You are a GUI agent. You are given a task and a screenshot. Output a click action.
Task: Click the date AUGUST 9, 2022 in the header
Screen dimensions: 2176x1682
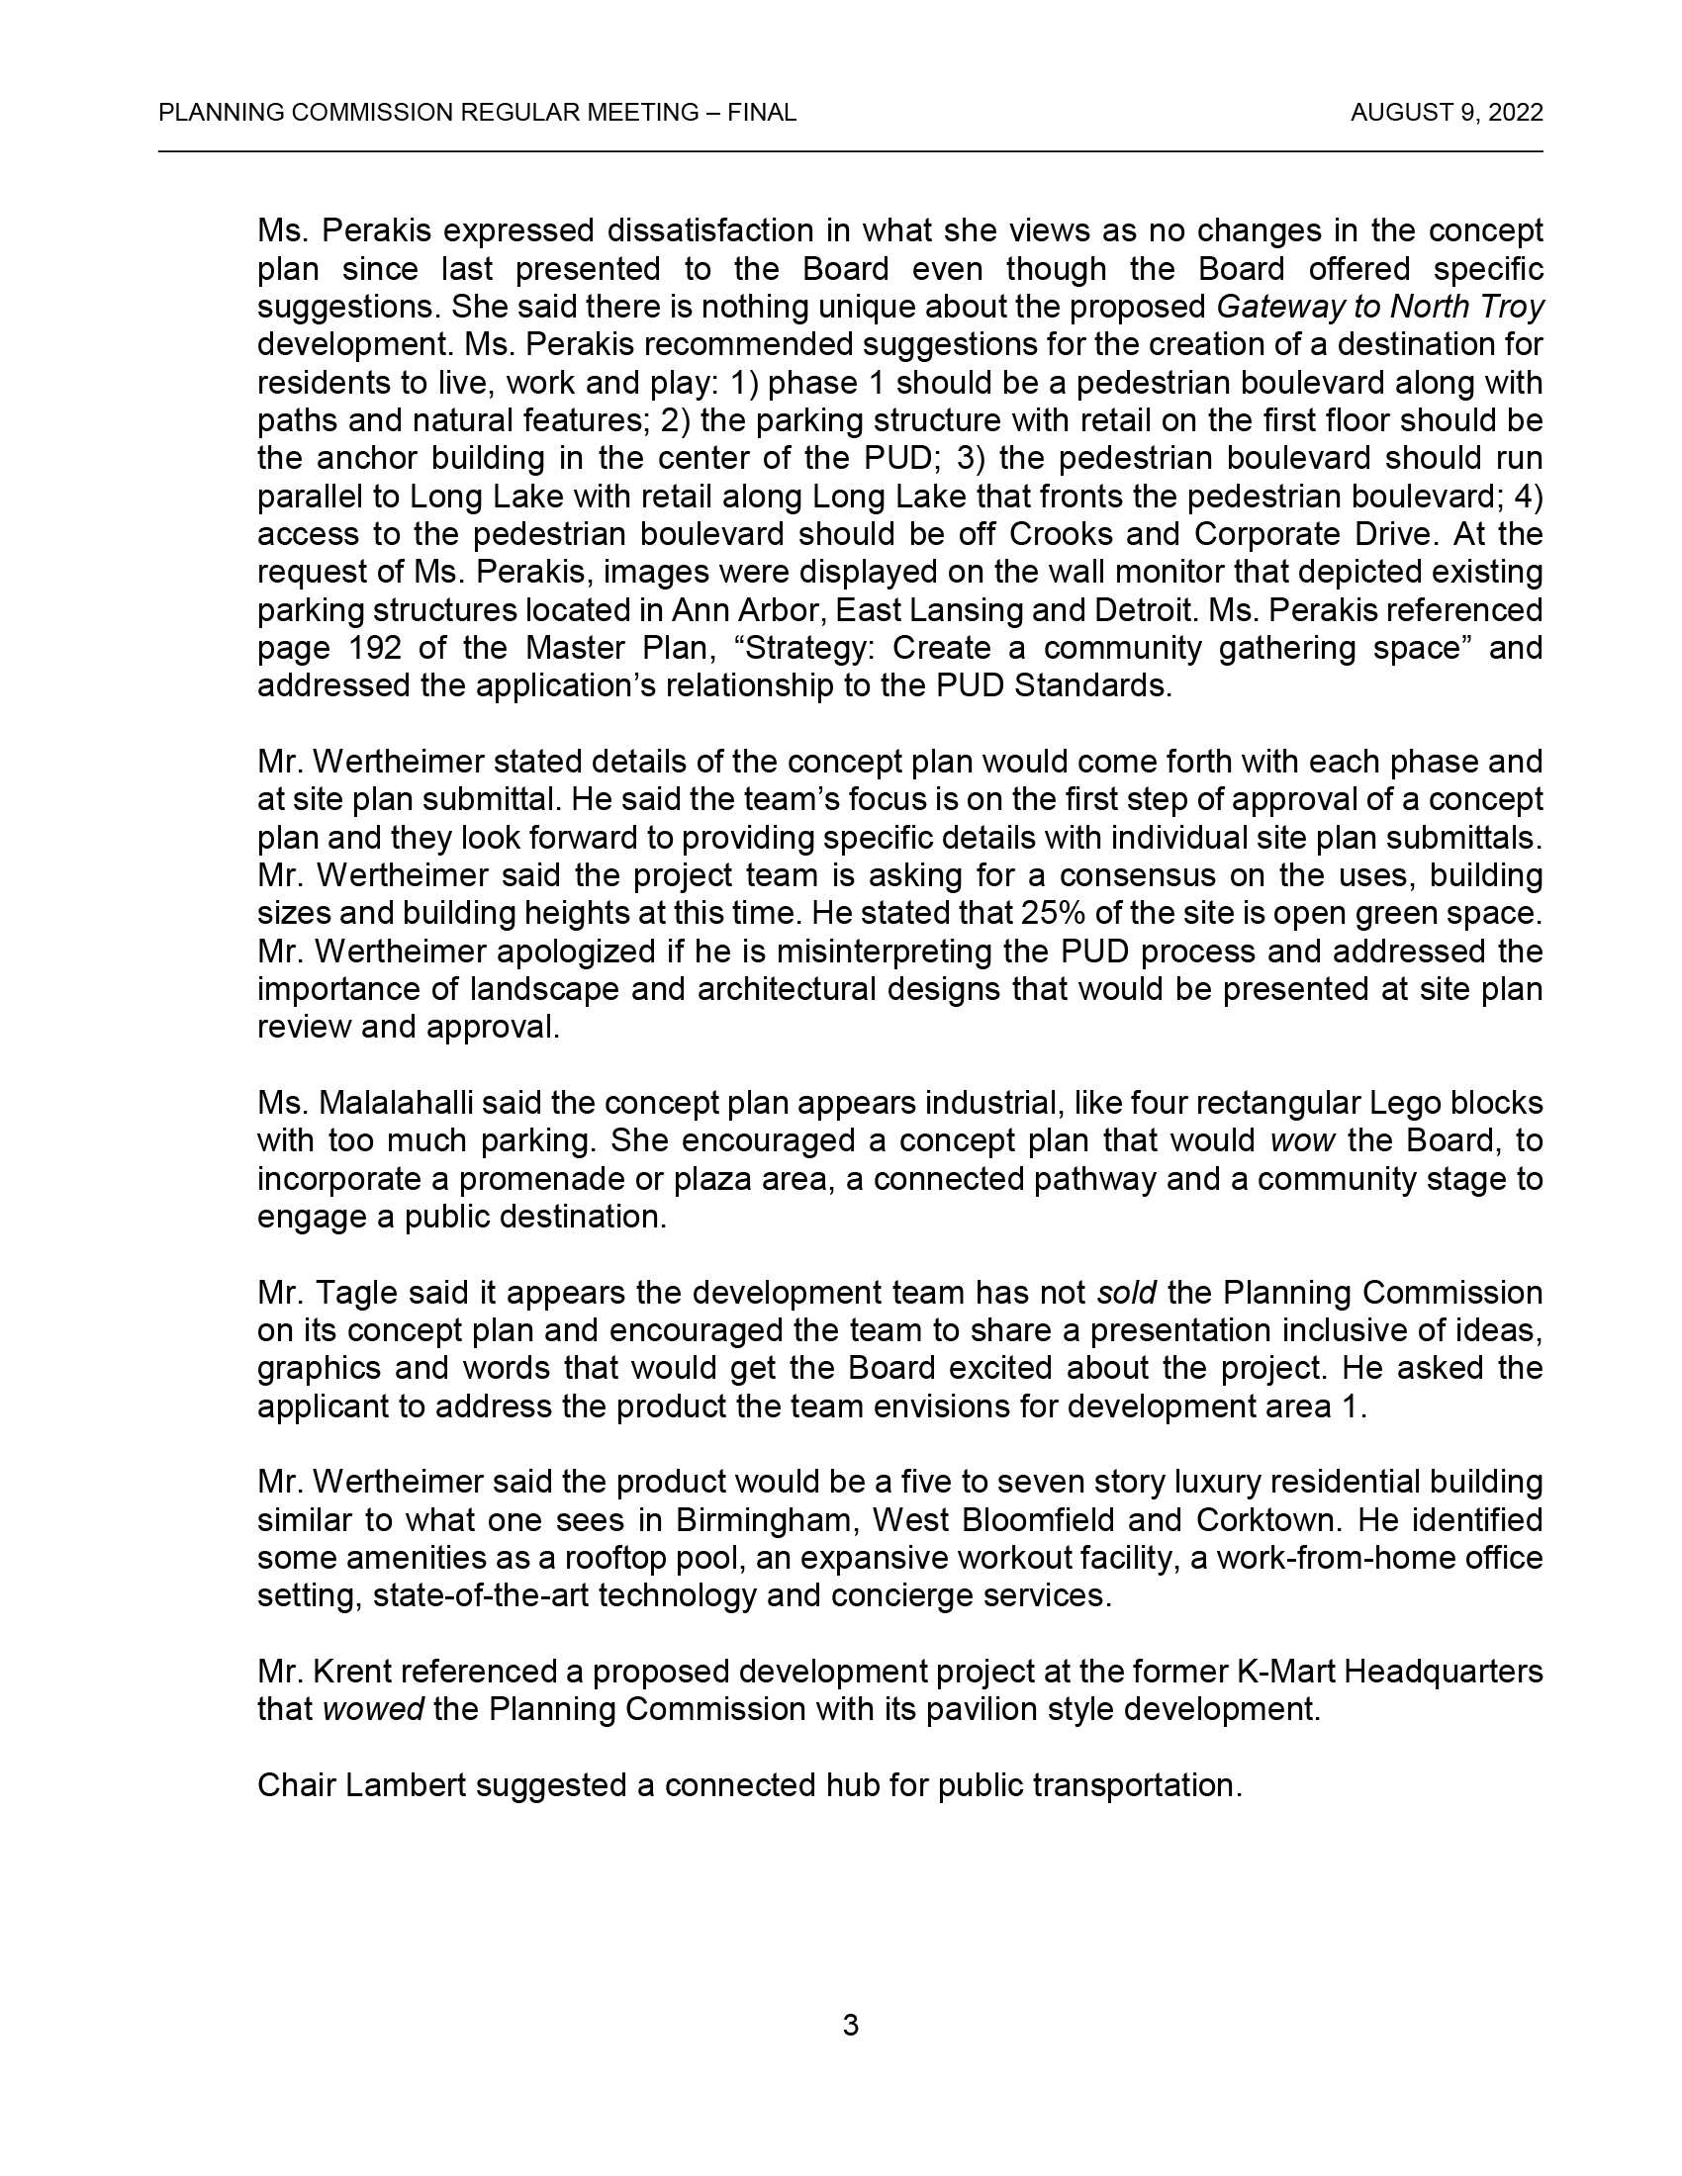coord(1446,113)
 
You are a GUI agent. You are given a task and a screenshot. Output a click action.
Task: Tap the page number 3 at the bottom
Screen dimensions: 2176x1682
coord(850,2025)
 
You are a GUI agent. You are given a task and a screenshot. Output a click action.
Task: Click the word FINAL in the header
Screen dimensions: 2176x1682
coord(761,113)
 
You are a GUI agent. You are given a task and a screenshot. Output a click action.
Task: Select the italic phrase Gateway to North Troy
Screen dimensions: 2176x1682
coord(1380,307)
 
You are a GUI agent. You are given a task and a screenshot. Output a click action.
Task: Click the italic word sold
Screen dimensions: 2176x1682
coord(1126,1293)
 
